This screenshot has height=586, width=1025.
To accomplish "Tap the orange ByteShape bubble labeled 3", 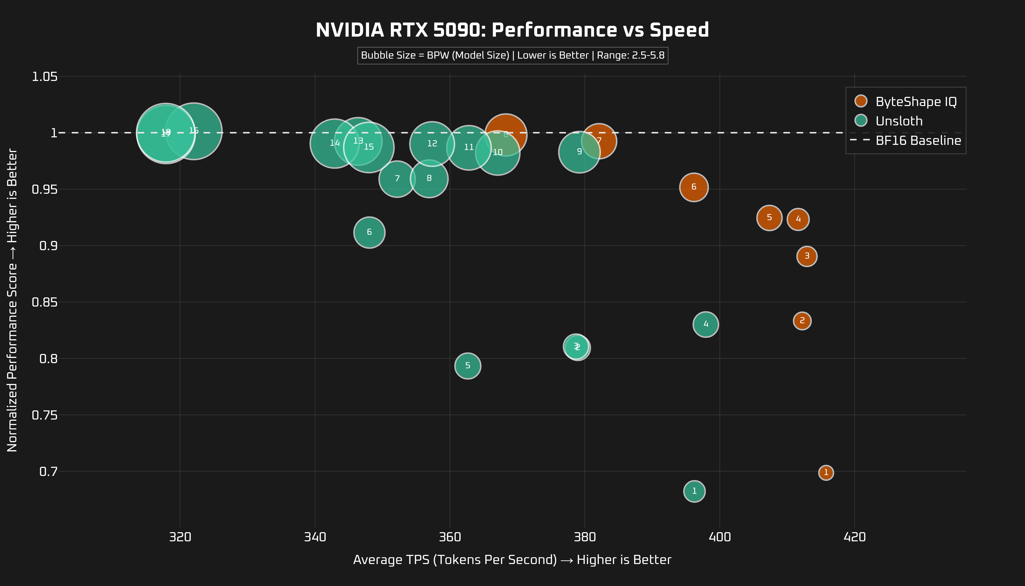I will tap(807, 256).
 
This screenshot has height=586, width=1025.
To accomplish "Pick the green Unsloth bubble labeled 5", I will tap(467, 366).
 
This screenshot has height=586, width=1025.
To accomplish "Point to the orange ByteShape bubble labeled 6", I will tap(694, 187).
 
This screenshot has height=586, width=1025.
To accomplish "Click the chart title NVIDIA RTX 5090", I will tap(512, 30).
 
